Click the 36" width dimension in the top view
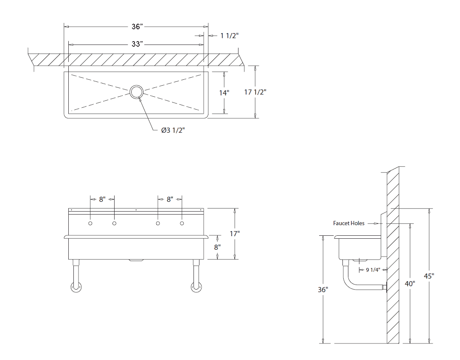pyautogui.click(x=137, y=26)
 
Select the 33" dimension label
pyautogui.click(x=137, y=44)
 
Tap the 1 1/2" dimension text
pyautogui.click(x=229, y=36)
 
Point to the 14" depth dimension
pyautogui.click(x=224, y=92)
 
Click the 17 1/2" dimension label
pyautogui.click(x=255, y=92)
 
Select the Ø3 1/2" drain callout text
pyautogui.click(x=173, y=130)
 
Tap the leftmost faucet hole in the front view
pyautogui.click(x=90, y=223)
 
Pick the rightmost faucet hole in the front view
pyautogui.click(x=182, y=223)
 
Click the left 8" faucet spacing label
pyautogui.click(x=102, y=199)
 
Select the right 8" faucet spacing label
pyautogui.click(x=170, y=199)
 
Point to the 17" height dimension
pyautogui.click(x=235, y=234)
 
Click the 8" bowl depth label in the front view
pyautogui.click(x=217, y=246)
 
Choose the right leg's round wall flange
pyautogui.click(x=197, y=287)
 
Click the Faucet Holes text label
pyautogui.click(x=348, y=223)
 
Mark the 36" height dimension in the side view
pyautogui.click(x=323, y=290)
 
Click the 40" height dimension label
pyautogui.click(x=410, y=283)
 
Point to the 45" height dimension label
pyautogui.click(x=429, y=276)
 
